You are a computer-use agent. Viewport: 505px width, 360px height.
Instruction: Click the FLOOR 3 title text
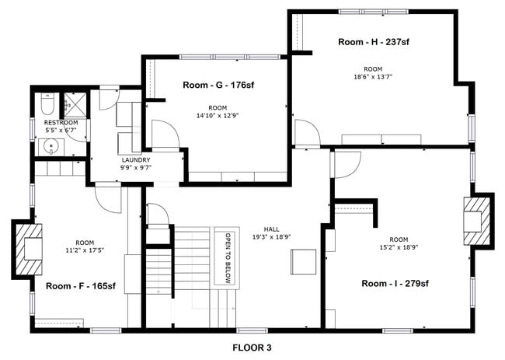pos(252,348)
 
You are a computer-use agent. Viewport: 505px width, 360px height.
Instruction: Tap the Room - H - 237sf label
pos(374,42)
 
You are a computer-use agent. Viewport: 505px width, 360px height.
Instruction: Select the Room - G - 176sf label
pos(218,85)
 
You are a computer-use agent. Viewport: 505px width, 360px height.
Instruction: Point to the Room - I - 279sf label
pos(395,284)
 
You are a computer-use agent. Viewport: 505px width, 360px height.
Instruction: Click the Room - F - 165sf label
pos(80,286)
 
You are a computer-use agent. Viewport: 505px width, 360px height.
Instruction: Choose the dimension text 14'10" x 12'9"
pos(218,115)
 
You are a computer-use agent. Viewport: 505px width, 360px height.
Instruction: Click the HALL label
pos(271,229)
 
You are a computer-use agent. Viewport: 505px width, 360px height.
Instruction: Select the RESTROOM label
pos(61,123)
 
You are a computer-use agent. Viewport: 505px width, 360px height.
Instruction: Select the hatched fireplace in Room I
pos(475,221)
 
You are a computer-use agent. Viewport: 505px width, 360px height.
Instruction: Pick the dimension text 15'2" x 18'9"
pos(398,248)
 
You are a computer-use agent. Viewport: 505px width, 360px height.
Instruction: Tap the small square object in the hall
pos(304,262)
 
